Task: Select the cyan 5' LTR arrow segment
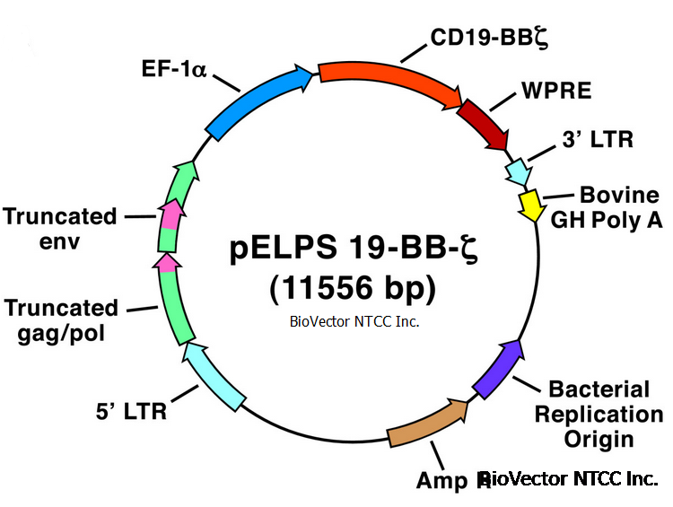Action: [214, 378]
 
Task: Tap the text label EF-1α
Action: [174, 69]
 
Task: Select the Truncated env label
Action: [59, 229]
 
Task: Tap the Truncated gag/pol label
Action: [61, 320]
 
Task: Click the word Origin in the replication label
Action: [599, 440]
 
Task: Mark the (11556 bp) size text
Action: [352, 288]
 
